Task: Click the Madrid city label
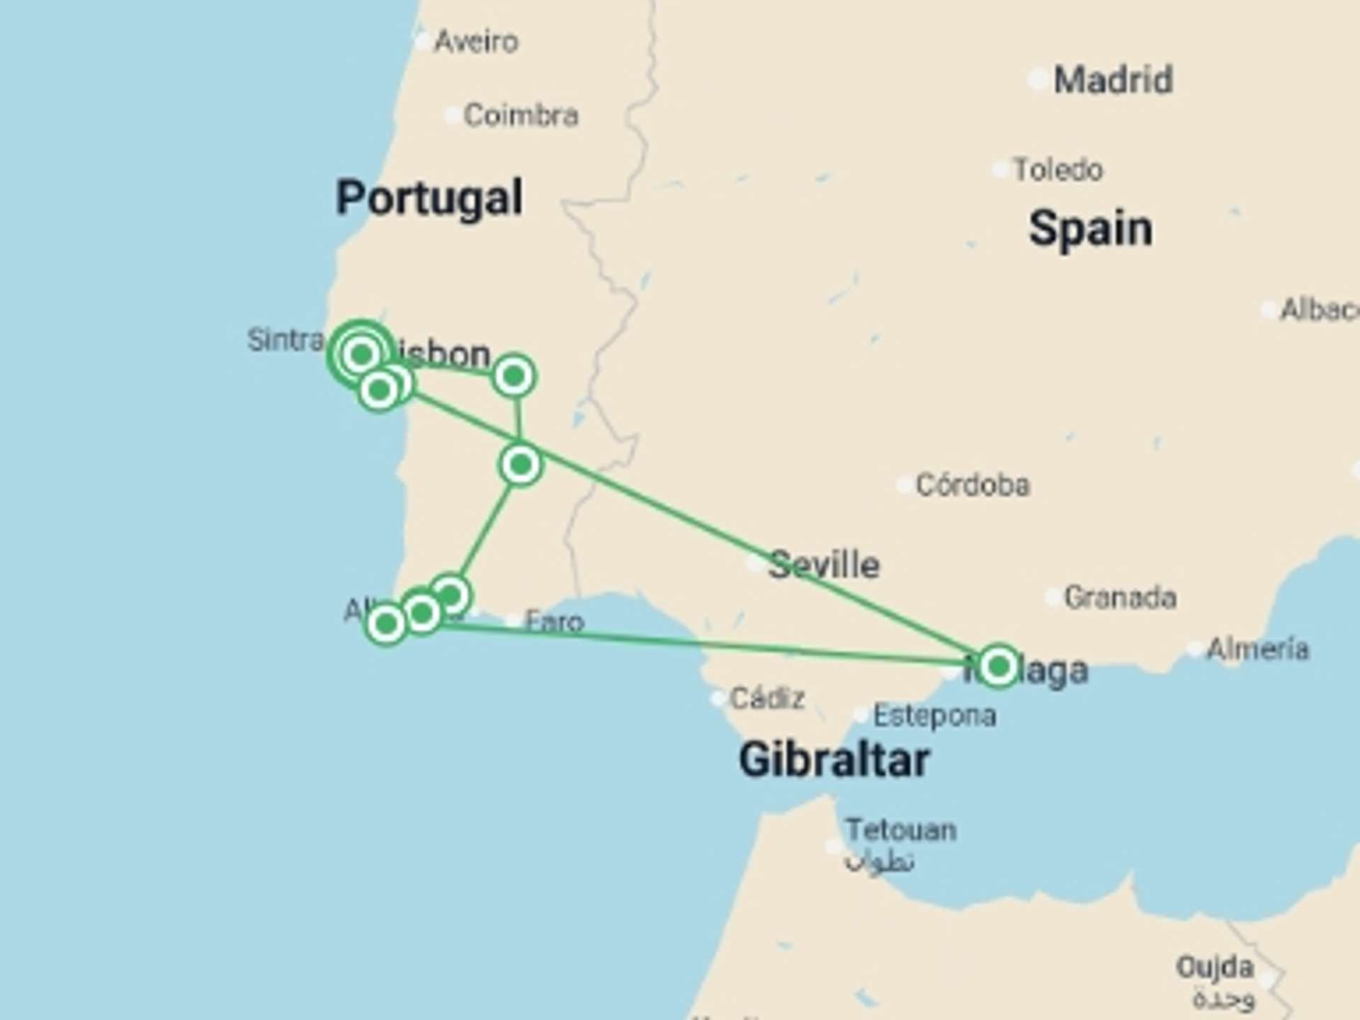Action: pyautogui.click(x=1113, y=79)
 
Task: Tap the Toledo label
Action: pyautogui.click(x=1058, y=170)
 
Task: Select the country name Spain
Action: pyautogui.click(x=1090, y=229)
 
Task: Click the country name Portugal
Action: pyautogui.click(x=429, y=198)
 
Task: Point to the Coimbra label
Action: pyautogui.click(x=521, y=115)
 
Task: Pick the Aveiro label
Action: pyautogui.click(x=476, y=42)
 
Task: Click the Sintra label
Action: pyautogui.click(x=285, y=340)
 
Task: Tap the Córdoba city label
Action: pyautogui.click(x=973, y=485)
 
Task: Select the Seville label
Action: pyautogui.click(x=824, y=565)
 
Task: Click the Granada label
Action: pyautogui.click(x=1121, y=598)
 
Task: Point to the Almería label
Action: pyautogui.click(x=1257, y=649)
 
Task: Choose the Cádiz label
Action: pyautogui.click(x=767, y=699)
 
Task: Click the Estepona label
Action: pyautogui.click(x=934, y=715)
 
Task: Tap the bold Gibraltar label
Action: pyautogui.click(x=834, y=760)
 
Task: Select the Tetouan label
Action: pyautogui.click(x=901, y=829)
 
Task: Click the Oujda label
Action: pyautogui.click(x=1215, y=967)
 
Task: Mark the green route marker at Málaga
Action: pyautogui.click(x=999, y=667)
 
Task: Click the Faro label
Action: pyautogui.click(x=555, y=622)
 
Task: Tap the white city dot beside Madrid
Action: pyautogui.click(x=1037, y=80)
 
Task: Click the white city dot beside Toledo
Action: pyautogui.click(x=1000, y=170)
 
